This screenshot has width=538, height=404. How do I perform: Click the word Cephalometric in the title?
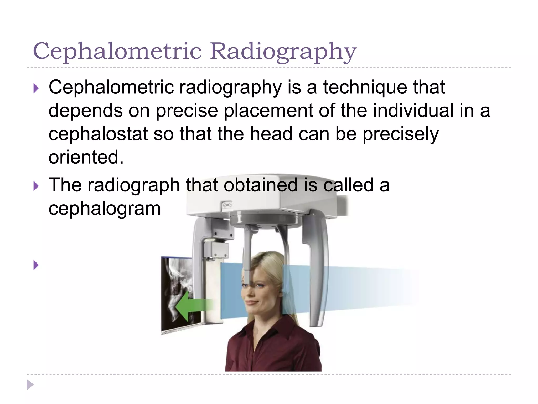coord(117,51)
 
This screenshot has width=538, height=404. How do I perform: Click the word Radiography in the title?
coord(283,52)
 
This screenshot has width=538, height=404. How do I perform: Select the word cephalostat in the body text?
coord(98,134)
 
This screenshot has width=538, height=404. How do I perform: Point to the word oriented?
coord(86,157)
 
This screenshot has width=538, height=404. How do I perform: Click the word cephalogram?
coord(104,209)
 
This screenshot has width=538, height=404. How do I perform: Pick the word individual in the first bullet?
coord(413,110)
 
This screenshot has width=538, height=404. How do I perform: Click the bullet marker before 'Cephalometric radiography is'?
coord(36,88)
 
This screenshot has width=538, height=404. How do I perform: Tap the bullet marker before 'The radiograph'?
coord(36,186)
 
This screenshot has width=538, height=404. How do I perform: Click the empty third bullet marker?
coord(36,265)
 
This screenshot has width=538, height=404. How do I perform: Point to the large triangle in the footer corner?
coord(30,385)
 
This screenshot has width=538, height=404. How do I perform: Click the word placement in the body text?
coord(268,110)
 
